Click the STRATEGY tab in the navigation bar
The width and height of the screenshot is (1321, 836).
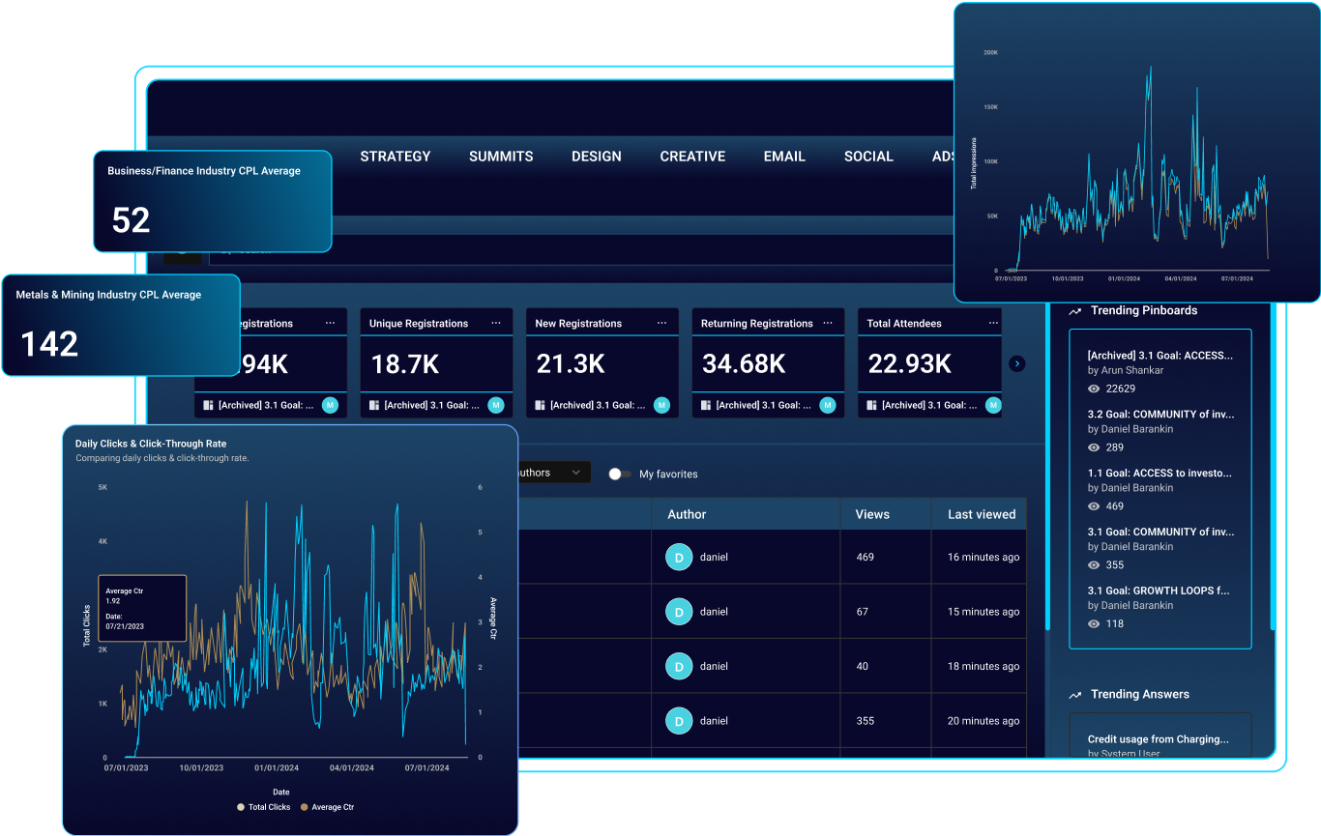tap(395, 157)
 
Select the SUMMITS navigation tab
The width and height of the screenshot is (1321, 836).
tap(501, 157)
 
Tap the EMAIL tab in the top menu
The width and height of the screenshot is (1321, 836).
tap(783, 157)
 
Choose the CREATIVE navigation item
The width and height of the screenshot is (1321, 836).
tap(692, 157)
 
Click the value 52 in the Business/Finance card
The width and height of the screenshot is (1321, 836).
tap(132, 220)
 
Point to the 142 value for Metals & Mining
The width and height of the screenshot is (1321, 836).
tap(49, 344)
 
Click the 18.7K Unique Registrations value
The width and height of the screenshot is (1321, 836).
tap(405, 364)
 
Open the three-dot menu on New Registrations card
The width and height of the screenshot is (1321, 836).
tap(661, 323)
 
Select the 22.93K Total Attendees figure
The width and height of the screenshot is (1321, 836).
tap(909, 364)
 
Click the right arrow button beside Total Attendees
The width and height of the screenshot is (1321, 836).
tap(1016, 364)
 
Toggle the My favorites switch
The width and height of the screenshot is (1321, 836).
tap(619, 474)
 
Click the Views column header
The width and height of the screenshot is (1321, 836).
tap(872, 514)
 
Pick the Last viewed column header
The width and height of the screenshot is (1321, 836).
tap(982, 514)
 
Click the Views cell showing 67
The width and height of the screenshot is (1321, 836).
tap(863, 612)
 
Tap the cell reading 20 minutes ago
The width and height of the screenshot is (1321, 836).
tap(983, 721)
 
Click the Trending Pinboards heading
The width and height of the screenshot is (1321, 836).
tap(1143, 311)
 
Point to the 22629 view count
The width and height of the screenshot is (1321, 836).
tap(1120, 389)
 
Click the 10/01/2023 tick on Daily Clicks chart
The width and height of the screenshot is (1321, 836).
tap(201, 768)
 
